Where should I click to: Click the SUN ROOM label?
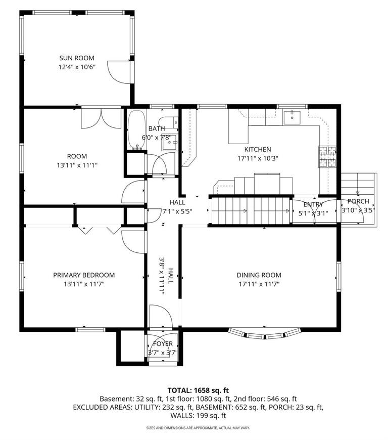click(77, 58)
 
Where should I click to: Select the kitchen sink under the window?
click(292, 117)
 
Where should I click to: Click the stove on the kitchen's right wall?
click(327, 157)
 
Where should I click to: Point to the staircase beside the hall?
click(250, 211)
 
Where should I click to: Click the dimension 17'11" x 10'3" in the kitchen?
click(258, 158)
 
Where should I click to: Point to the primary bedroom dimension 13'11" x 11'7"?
click(84, 284)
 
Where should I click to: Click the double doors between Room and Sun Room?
click(101, 118)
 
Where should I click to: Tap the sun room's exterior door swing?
click(120, 70)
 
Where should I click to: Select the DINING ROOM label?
click(259, 275)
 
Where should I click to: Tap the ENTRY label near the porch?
click(313, 204)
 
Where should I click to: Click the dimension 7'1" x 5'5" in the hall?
click(177, 211)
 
